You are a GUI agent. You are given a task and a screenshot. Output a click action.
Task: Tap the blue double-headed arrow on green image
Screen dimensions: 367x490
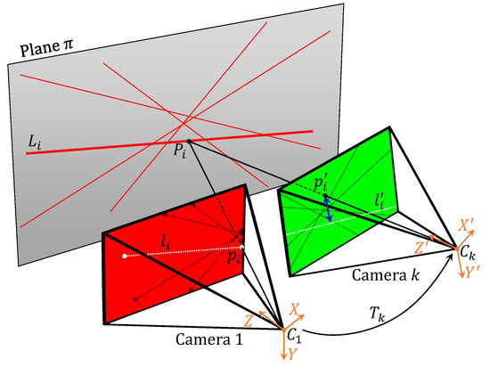tap(328, 209)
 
